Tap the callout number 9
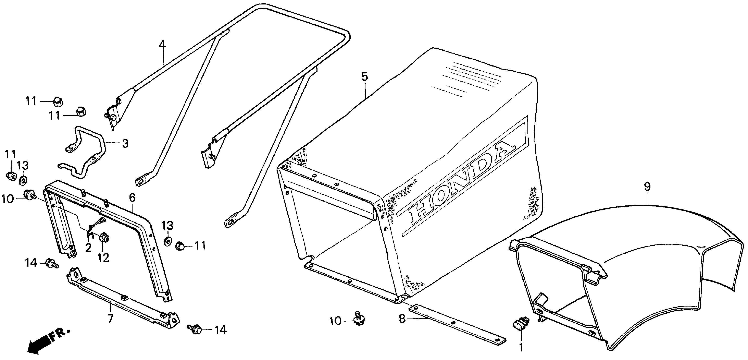[647, 187]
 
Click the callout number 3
[125, 144]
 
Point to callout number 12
[103, 257]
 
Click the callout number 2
[88, 248]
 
